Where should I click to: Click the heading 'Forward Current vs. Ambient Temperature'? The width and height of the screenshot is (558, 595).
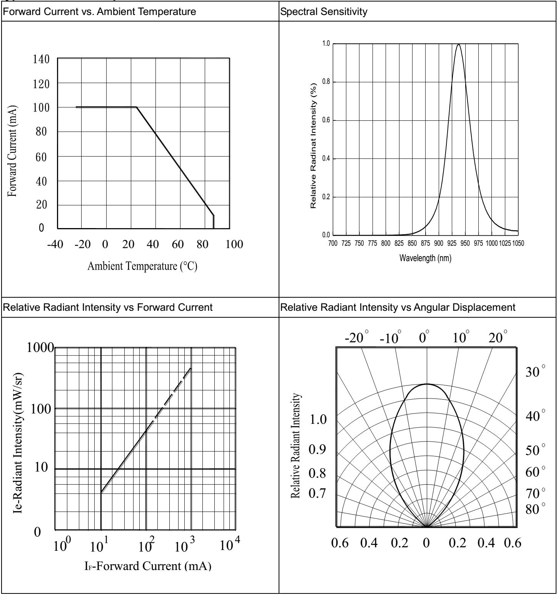(99, 12)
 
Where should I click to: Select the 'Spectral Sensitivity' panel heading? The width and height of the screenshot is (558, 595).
(324, 12)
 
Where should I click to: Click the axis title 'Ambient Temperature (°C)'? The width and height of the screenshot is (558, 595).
(142, 266)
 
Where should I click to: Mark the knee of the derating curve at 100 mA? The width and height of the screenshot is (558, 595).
(137, 107)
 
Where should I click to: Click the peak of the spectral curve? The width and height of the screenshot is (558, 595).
(458, 45)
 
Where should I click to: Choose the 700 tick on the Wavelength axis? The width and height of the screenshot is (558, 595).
(333, 243)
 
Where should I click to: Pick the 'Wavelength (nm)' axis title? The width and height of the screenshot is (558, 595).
(425, 258)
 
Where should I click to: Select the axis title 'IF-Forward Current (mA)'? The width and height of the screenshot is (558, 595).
(148, 566)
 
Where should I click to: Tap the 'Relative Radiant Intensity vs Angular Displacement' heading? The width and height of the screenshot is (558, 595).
(398, 307)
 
